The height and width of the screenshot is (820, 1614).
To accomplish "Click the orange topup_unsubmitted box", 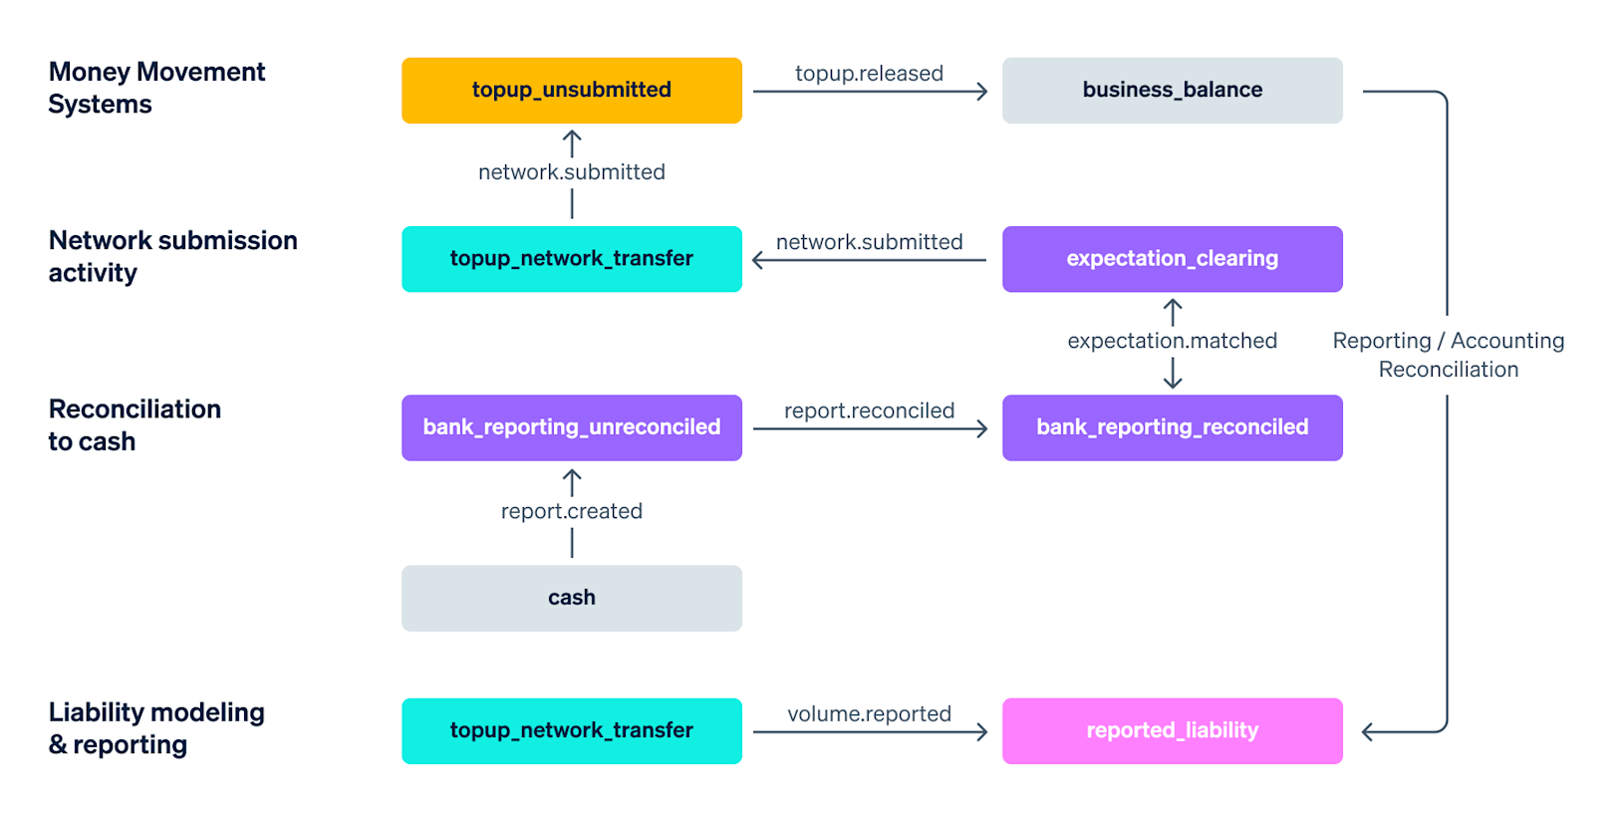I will [571, 91].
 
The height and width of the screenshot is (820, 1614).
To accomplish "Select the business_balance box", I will [1172, 91].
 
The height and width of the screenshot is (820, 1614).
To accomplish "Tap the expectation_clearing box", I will [1172, 259].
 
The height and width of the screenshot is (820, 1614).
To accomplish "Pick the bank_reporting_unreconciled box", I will [571, 427].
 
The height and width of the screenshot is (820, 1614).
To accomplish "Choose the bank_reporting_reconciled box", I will [1172, 427].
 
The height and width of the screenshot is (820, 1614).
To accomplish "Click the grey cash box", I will [571, 598].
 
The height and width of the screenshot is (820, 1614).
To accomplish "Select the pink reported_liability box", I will [1172, 731].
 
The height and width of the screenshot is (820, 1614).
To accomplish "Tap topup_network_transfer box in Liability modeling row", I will [571, 731].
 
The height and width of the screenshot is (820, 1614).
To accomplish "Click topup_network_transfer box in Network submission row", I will [571, 259].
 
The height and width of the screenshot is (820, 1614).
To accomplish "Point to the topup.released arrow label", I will [869, 74].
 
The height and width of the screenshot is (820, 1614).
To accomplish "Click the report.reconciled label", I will [869, 410].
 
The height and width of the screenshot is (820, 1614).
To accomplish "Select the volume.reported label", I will [869, 714].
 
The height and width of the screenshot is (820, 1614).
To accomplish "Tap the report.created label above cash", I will [571, 511].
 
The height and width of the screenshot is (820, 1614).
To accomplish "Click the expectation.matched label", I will [1172, 341].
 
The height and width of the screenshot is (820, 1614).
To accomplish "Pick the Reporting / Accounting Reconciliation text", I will [1448, 355].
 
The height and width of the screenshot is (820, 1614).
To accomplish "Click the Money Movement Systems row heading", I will [156, 88].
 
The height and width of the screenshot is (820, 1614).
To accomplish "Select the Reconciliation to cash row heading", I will [134, 425].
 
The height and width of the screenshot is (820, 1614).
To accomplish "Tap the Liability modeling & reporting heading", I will [156, 728].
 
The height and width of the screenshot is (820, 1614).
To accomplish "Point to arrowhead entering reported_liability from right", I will [1368, 732].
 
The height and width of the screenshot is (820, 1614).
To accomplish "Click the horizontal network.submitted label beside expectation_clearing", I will [869, 242].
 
